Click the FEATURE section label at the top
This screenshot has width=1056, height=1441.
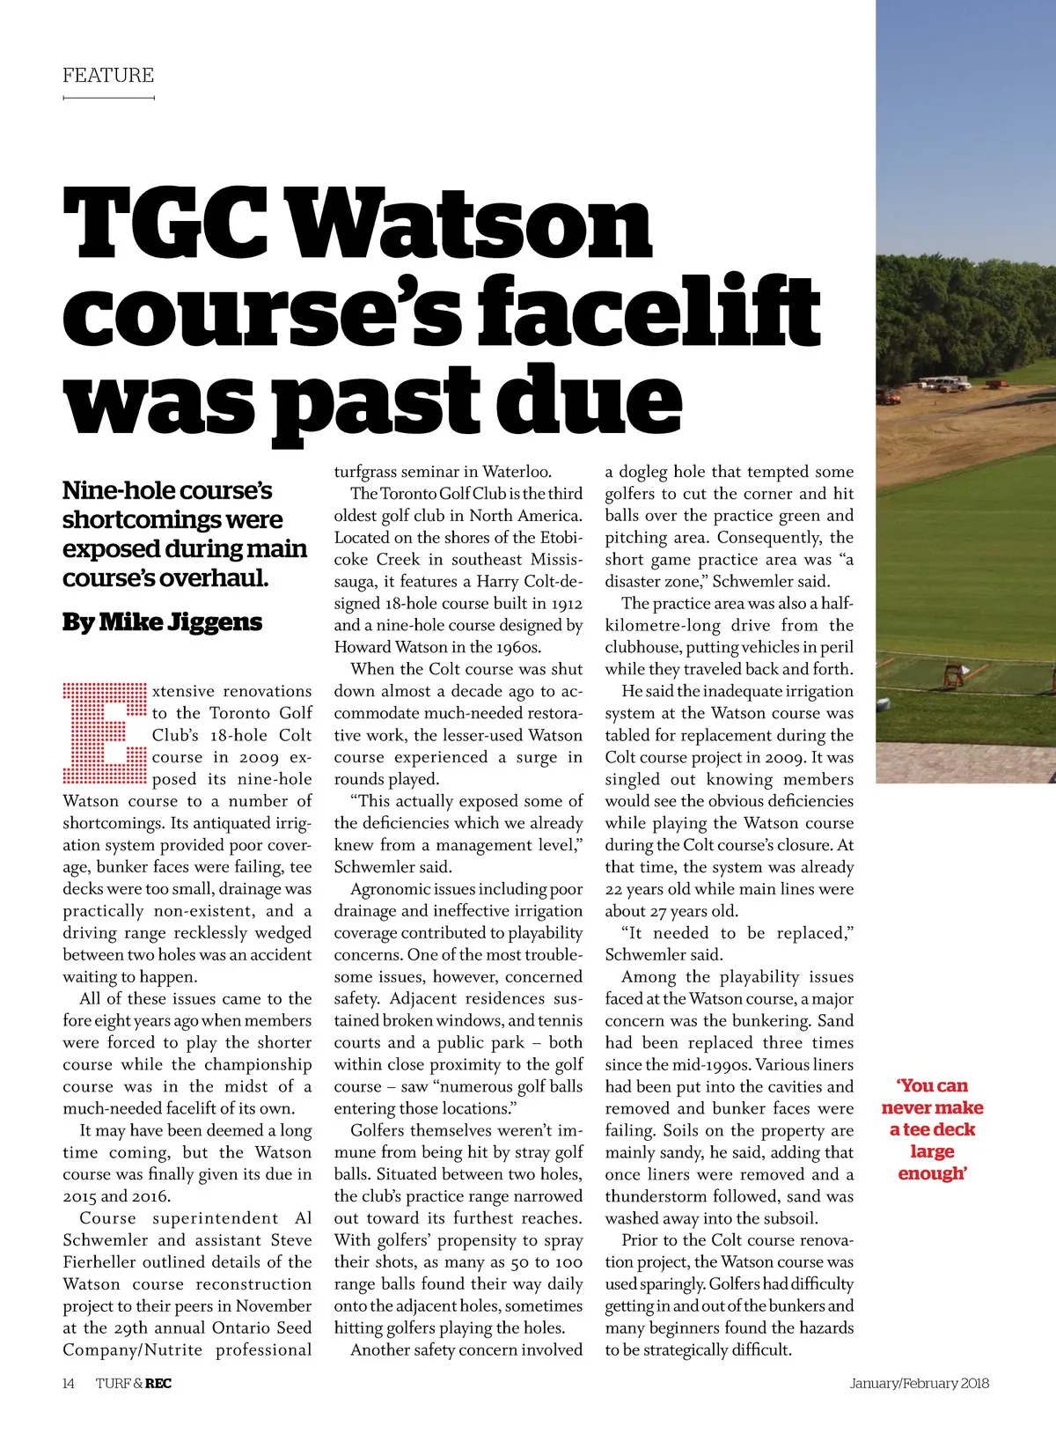point(108,75)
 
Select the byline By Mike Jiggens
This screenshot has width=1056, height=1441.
point(162,621)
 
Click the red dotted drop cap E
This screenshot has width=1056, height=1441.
point(104,732)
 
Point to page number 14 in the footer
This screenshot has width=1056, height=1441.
point(69,1383)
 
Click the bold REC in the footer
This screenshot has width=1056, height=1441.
point(158,1383)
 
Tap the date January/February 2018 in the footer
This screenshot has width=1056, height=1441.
point(919,1383)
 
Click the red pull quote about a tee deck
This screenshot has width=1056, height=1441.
point(932,1129)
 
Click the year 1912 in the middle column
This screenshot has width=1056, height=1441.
point(567,603)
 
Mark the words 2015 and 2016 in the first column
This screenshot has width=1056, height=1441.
point(116,1196)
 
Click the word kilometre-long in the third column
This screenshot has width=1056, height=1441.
point(660,625)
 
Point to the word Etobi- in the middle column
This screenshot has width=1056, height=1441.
point(558,537)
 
